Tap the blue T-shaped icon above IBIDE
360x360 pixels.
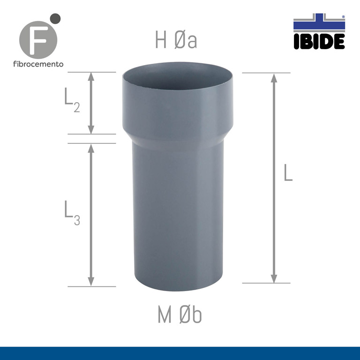point(319,23)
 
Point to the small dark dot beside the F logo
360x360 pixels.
point(55,19)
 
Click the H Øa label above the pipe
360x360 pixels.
point(176,41)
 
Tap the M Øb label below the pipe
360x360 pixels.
point(180,315)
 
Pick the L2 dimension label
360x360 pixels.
point(71,100)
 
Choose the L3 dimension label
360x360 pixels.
point(72,214)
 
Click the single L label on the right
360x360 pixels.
point(288,173)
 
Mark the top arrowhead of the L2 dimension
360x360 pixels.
point(91,76)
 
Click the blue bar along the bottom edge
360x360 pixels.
point(180,353)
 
